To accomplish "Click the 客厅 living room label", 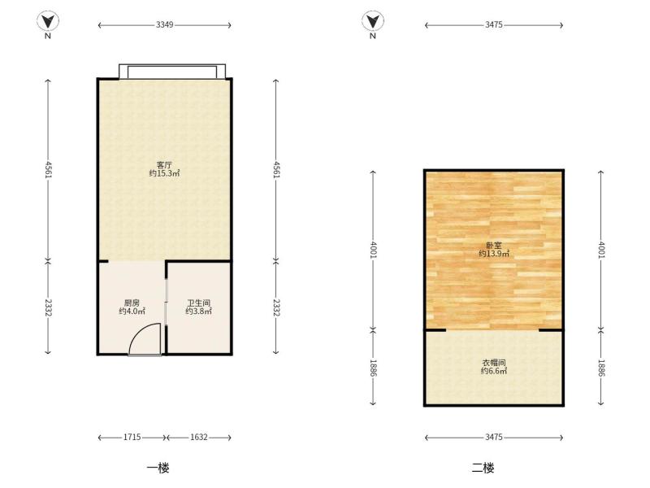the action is [x=165, y=165].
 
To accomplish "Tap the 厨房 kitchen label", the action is [x=132, y=303].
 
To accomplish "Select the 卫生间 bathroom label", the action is [x=198, y=303].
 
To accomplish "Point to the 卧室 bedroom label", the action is [x=494, y=246].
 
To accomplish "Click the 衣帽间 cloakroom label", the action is [x=494, y=363].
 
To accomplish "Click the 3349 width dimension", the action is [x=165, y=25].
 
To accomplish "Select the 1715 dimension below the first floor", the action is [x=132, y=437].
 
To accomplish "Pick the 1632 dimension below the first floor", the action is [x=198, y=437].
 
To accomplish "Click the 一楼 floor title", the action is [x=158, y=468].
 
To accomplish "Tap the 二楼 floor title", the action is [x=483, y=468].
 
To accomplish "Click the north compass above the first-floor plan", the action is [x=48, y=21].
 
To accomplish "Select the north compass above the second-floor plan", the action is [x=373, y=21].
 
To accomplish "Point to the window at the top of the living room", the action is [x=172, y=72].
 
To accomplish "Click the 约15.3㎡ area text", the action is [x=165, y=173].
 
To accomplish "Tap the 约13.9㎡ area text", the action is [x=494, y=254].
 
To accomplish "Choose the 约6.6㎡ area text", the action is [x=494, y=371].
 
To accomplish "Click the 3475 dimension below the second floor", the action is [x=494, y=437].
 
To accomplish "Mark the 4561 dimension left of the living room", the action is [x=48, y=169].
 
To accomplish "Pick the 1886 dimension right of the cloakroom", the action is [x=601, y=368].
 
